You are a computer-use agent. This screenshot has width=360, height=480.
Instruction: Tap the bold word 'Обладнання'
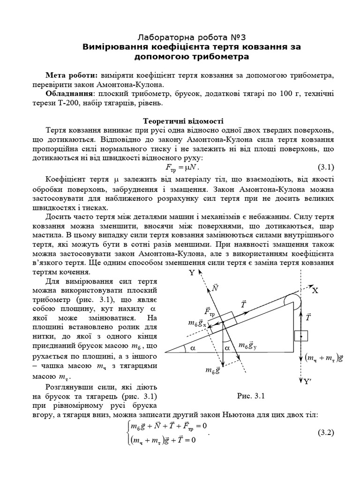click(x=68, y=94)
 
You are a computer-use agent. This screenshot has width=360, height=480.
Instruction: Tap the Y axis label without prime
click(x=191, y=273)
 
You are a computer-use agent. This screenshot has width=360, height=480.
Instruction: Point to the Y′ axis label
click(x=307, y=382)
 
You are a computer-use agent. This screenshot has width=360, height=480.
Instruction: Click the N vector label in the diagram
click(x=215, y=288)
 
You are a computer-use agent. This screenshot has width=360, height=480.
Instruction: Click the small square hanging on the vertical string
click(x=300, y=336)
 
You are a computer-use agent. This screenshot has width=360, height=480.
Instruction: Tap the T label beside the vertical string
click(x=308, y=317)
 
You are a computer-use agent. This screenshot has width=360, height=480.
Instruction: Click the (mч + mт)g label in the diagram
click(x=324, y=358)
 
